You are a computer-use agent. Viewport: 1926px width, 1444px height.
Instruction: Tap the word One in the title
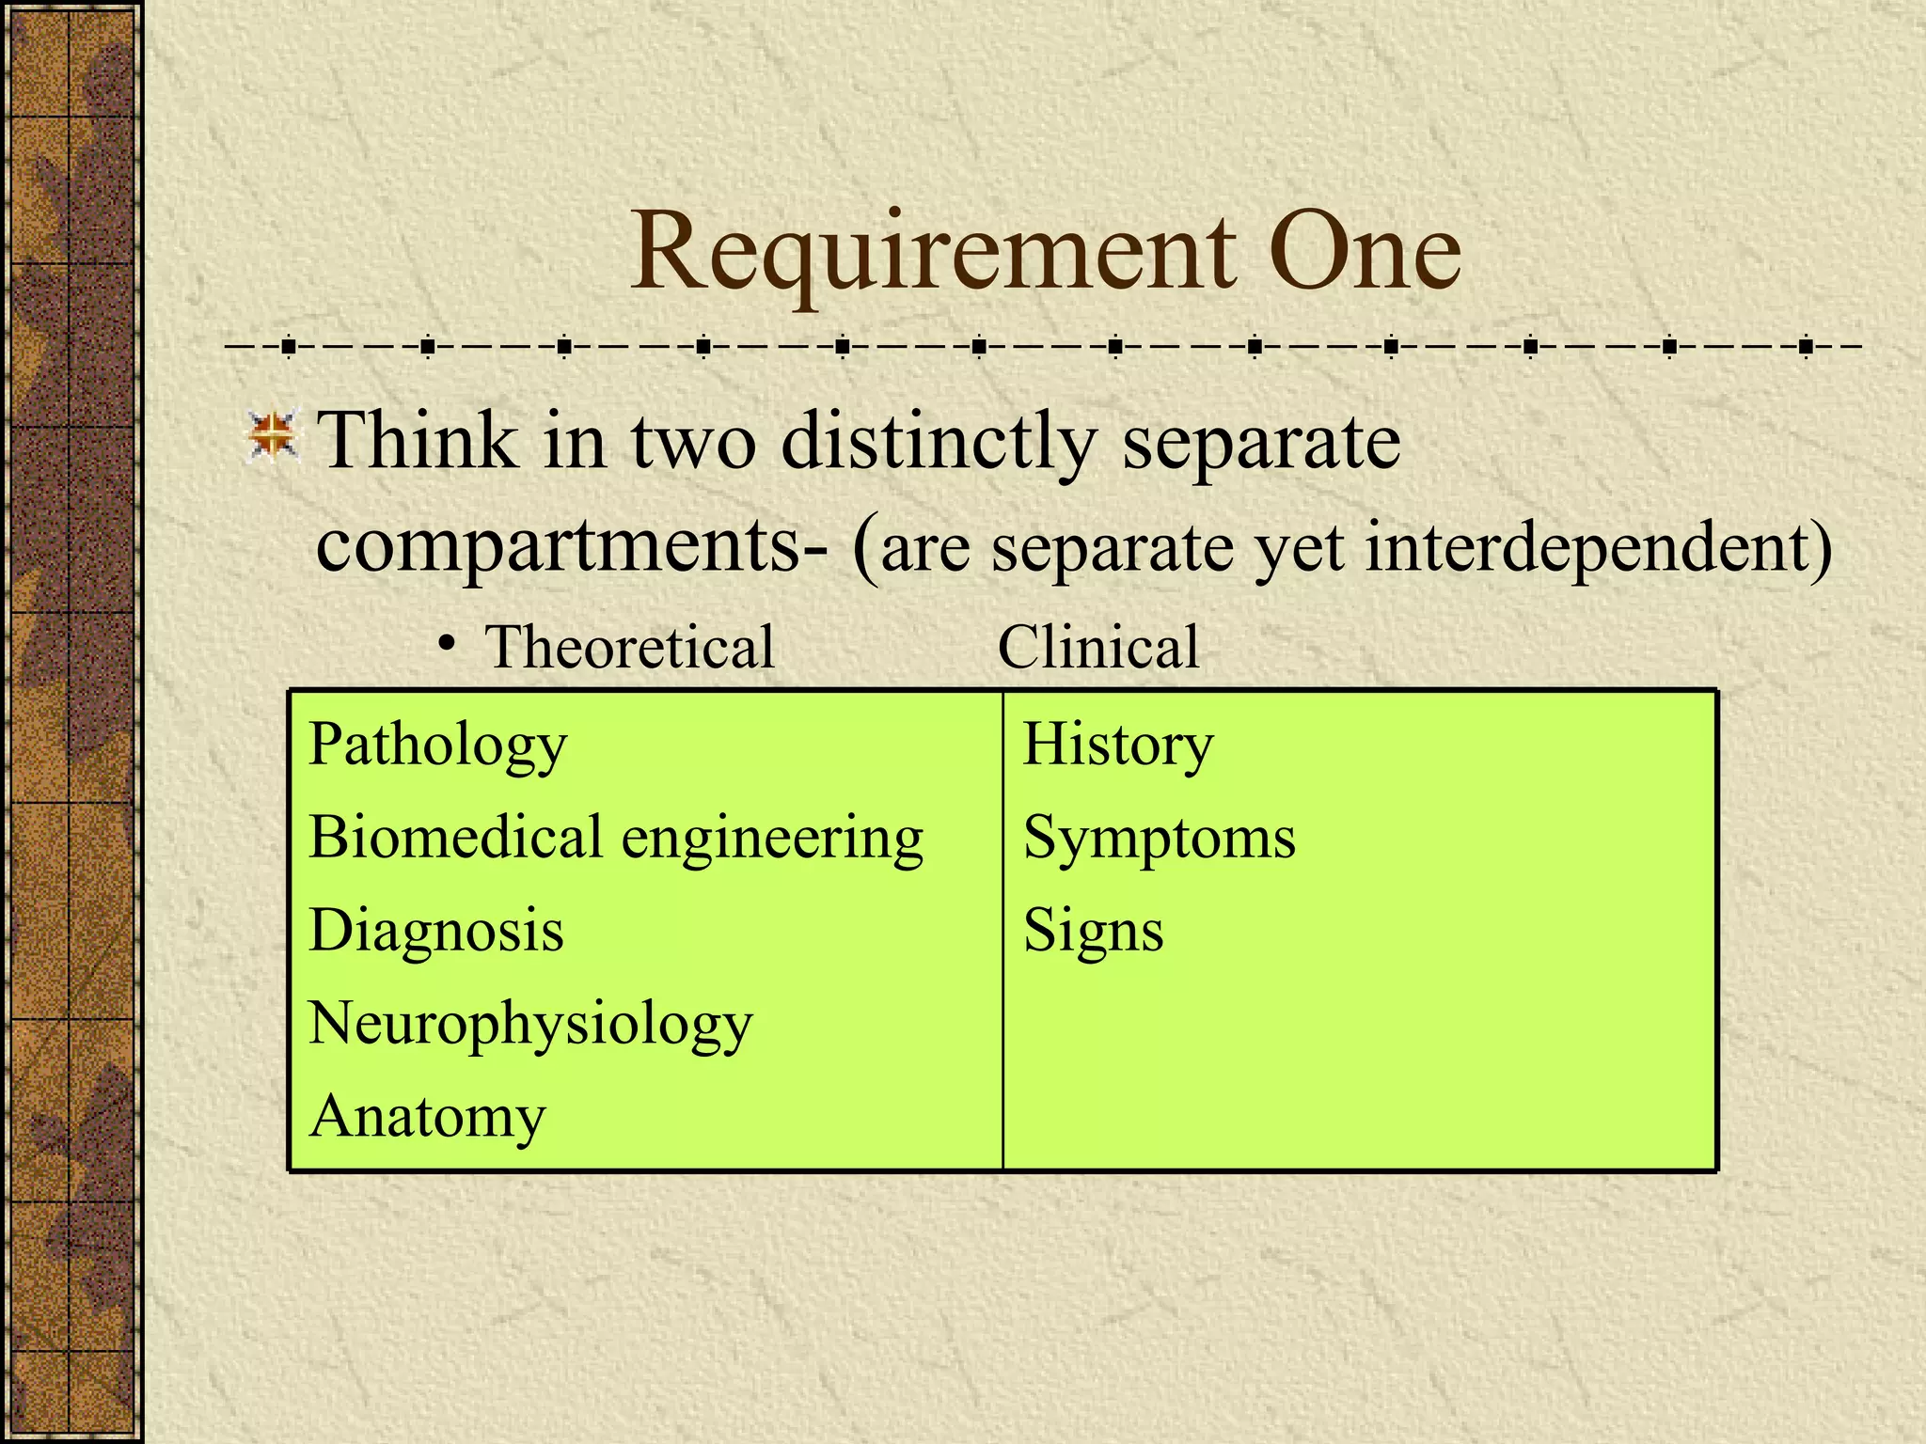tap(1364, 252)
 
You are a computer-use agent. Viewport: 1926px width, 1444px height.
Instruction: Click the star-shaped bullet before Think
tap(273, 438)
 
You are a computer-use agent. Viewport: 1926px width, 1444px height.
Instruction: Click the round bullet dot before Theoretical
tap(449, 645)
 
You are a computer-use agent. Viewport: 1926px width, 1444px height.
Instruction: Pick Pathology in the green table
tap(438, 746)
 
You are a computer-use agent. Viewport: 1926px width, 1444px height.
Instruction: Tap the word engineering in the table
tap(772, 840)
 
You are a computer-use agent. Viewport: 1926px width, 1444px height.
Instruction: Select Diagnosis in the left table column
tap(436, 931)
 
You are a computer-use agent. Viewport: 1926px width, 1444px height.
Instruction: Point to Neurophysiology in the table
tap(530, 1025)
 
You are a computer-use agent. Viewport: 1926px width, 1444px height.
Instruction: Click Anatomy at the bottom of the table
tap(427, 1118)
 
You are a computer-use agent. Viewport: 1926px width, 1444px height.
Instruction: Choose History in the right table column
tap(1118, 746)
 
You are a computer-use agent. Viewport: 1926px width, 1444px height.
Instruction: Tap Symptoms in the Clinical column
tap(1159, 839)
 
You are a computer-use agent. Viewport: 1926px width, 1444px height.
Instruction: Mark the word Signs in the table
tap(1093, 932)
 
